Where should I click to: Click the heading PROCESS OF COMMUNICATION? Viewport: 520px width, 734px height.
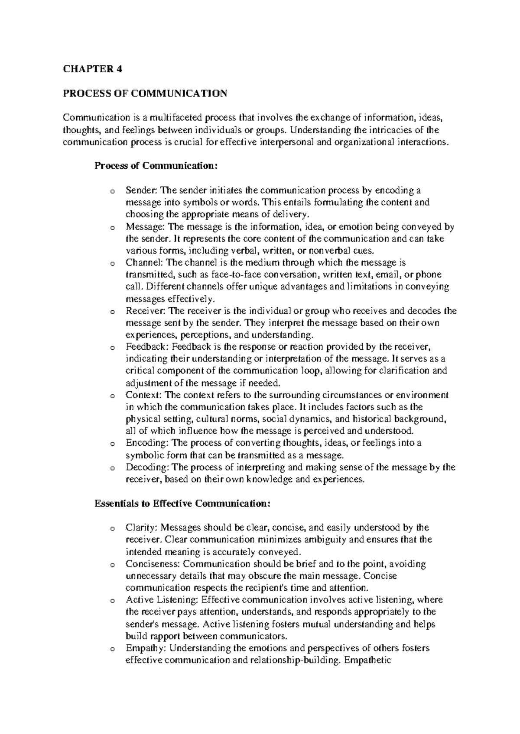coord(145,93)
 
